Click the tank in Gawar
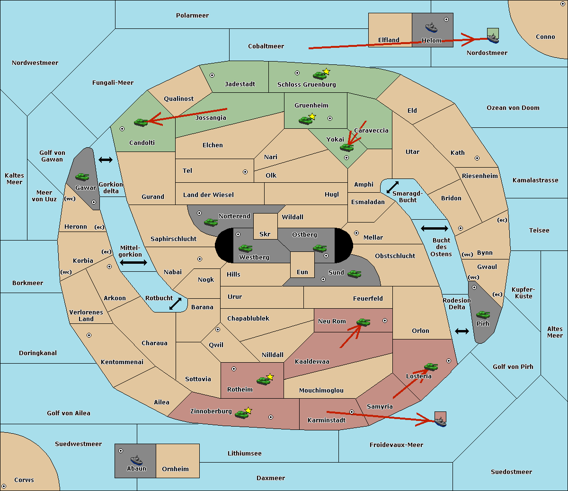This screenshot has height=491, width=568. pyautogui.click(x=82, y=177)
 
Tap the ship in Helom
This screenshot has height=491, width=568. pyautogui.click(x=431, y=27)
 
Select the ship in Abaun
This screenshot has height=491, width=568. pyautogui.click(x=136, y=460)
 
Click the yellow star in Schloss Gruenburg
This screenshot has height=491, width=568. pyautogui.click(x=326, y=71)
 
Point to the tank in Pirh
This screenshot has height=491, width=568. pyautogui.click(x=483, y=314)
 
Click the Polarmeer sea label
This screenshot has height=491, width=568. pyautogui.click(x=192, y=16)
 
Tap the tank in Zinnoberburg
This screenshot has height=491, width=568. pyautogui.click(x=242, y=414)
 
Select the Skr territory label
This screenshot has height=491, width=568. pyautogui.click(x=265, y=234)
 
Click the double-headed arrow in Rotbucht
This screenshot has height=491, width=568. pyautogui.click(x=175, y=304)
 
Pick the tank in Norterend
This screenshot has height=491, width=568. pyautogui.click(x=211, y=222)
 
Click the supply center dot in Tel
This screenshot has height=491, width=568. pyautogui.click(x=245, y=172)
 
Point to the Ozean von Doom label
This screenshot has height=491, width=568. pyautogui.click(x=513, y=108)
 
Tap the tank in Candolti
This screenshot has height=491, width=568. pyautogui.click(x=141, y=122)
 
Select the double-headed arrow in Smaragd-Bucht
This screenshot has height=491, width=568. pyautogui.click(x=392, y=187)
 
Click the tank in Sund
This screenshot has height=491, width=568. pyautogui.click(x=354, y=274)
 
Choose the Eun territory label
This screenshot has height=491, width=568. pyautogui.click(x=302, y=272)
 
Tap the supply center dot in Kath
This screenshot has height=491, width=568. pyautogui.click(x=477, y=158)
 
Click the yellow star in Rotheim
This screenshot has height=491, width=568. pyautogui.click(x=270, y=376)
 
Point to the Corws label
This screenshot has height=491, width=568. pyautogui.click(x=24, y=480)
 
